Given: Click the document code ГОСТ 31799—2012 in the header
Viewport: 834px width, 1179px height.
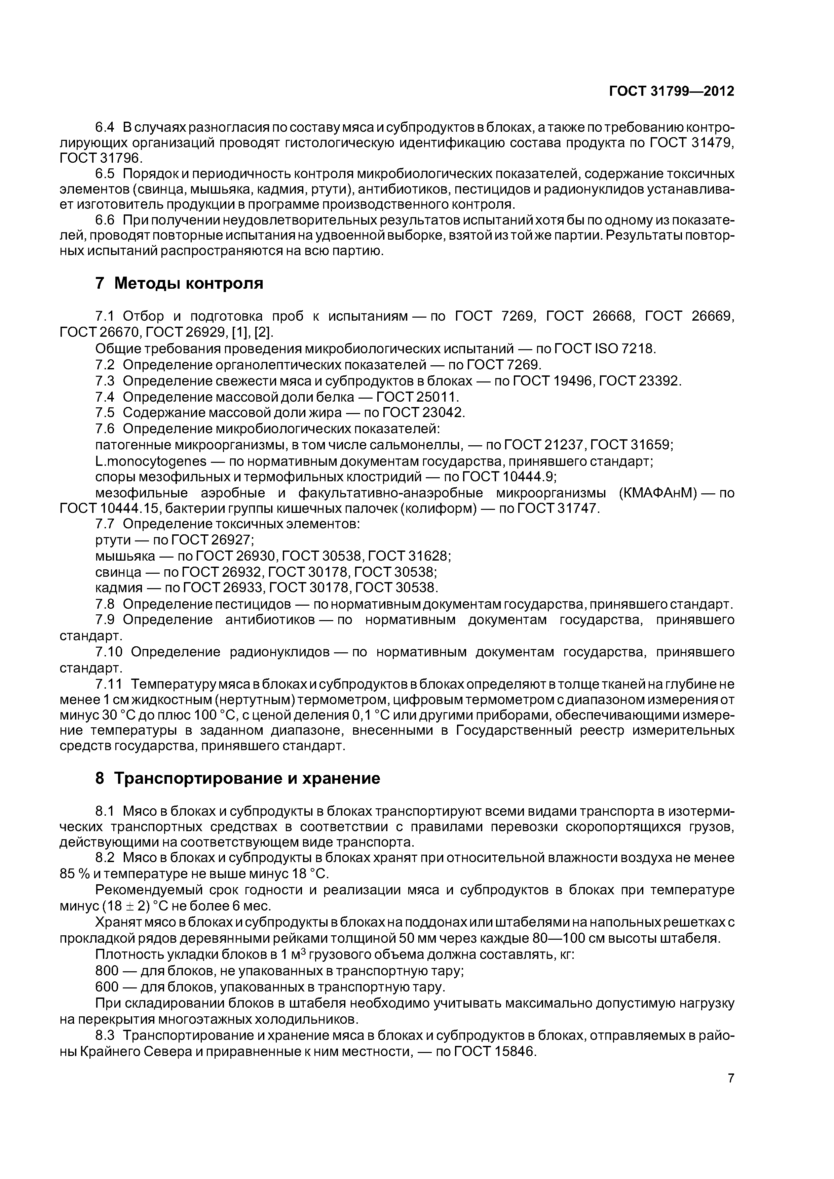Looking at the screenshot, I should click(x=671, y=91).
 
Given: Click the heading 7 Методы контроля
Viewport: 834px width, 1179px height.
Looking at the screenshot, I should click(x=179, y=283).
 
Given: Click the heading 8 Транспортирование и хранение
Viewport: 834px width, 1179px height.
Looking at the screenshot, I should click(x=237, y=778).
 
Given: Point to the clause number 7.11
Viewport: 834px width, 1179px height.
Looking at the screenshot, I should click(x=109, y=685).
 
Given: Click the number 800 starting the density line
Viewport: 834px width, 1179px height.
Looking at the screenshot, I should click(x=107, y=971).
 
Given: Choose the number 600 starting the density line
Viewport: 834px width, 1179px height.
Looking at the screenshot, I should click(x=107, y=987).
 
